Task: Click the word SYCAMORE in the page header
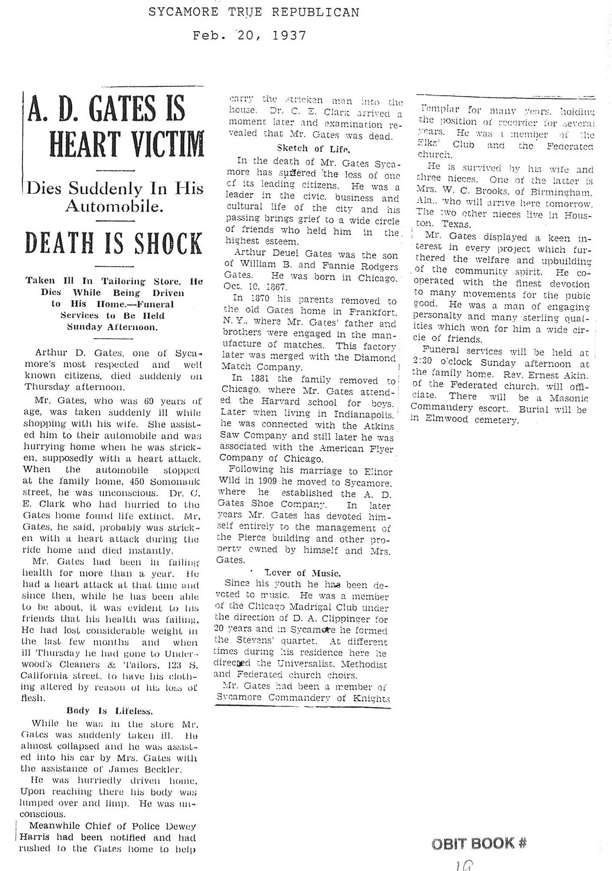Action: pos(183,12)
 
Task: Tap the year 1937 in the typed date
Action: pos(289,35)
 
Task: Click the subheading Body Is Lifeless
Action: pos(109,711)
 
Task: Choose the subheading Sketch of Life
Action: pos(313,148)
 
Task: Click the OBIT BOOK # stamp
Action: pos(479,843)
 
